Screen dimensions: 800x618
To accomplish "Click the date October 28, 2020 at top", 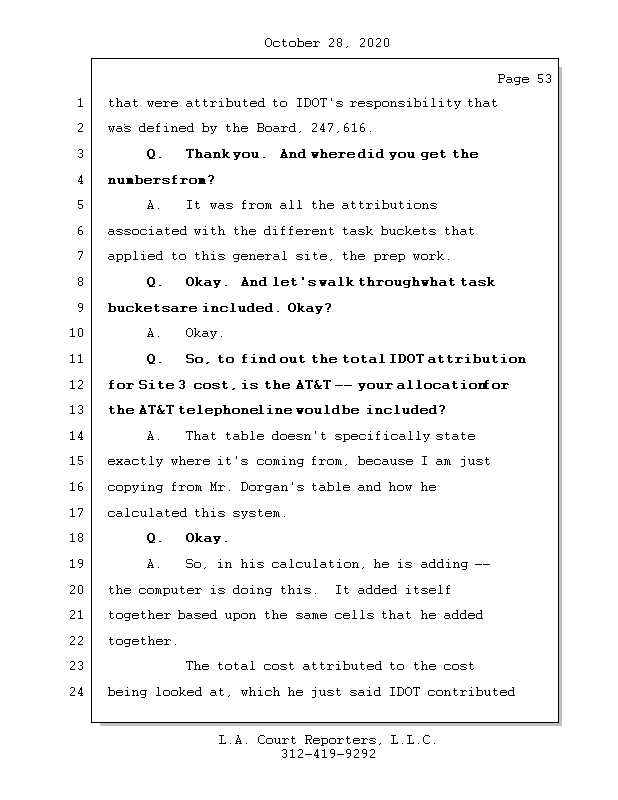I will click(x=326, y=43).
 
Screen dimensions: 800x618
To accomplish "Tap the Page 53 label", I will click(x=524, y=79).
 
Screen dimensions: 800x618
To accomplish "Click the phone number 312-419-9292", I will click(x=328, y=755).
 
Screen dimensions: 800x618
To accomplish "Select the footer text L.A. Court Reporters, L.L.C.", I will click(x=328, y=740).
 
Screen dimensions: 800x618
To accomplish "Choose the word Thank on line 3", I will click(x=207, y=154).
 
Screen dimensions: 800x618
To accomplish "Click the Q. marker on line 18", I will click(x=154, y=539).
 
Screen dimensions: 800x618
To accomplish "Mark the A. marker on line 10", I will click(x=154, y=334).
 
